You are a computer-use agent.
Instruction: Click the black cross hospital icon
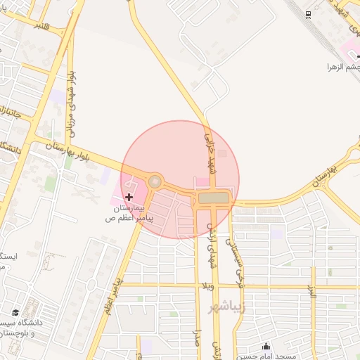(x=129, y=198)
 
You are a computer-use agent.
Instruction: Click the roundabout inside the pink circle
(x=155, y=182)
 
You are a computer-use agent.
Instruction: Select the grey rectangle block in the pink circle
(x=214, y=198)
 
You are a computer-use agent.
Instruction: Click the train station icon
(x=308, y=15)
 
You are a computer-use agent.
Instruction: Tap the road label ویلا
(x=209, y=286)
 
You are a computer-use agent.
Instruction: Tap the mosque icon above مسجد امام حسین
(x=266, y=345)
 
